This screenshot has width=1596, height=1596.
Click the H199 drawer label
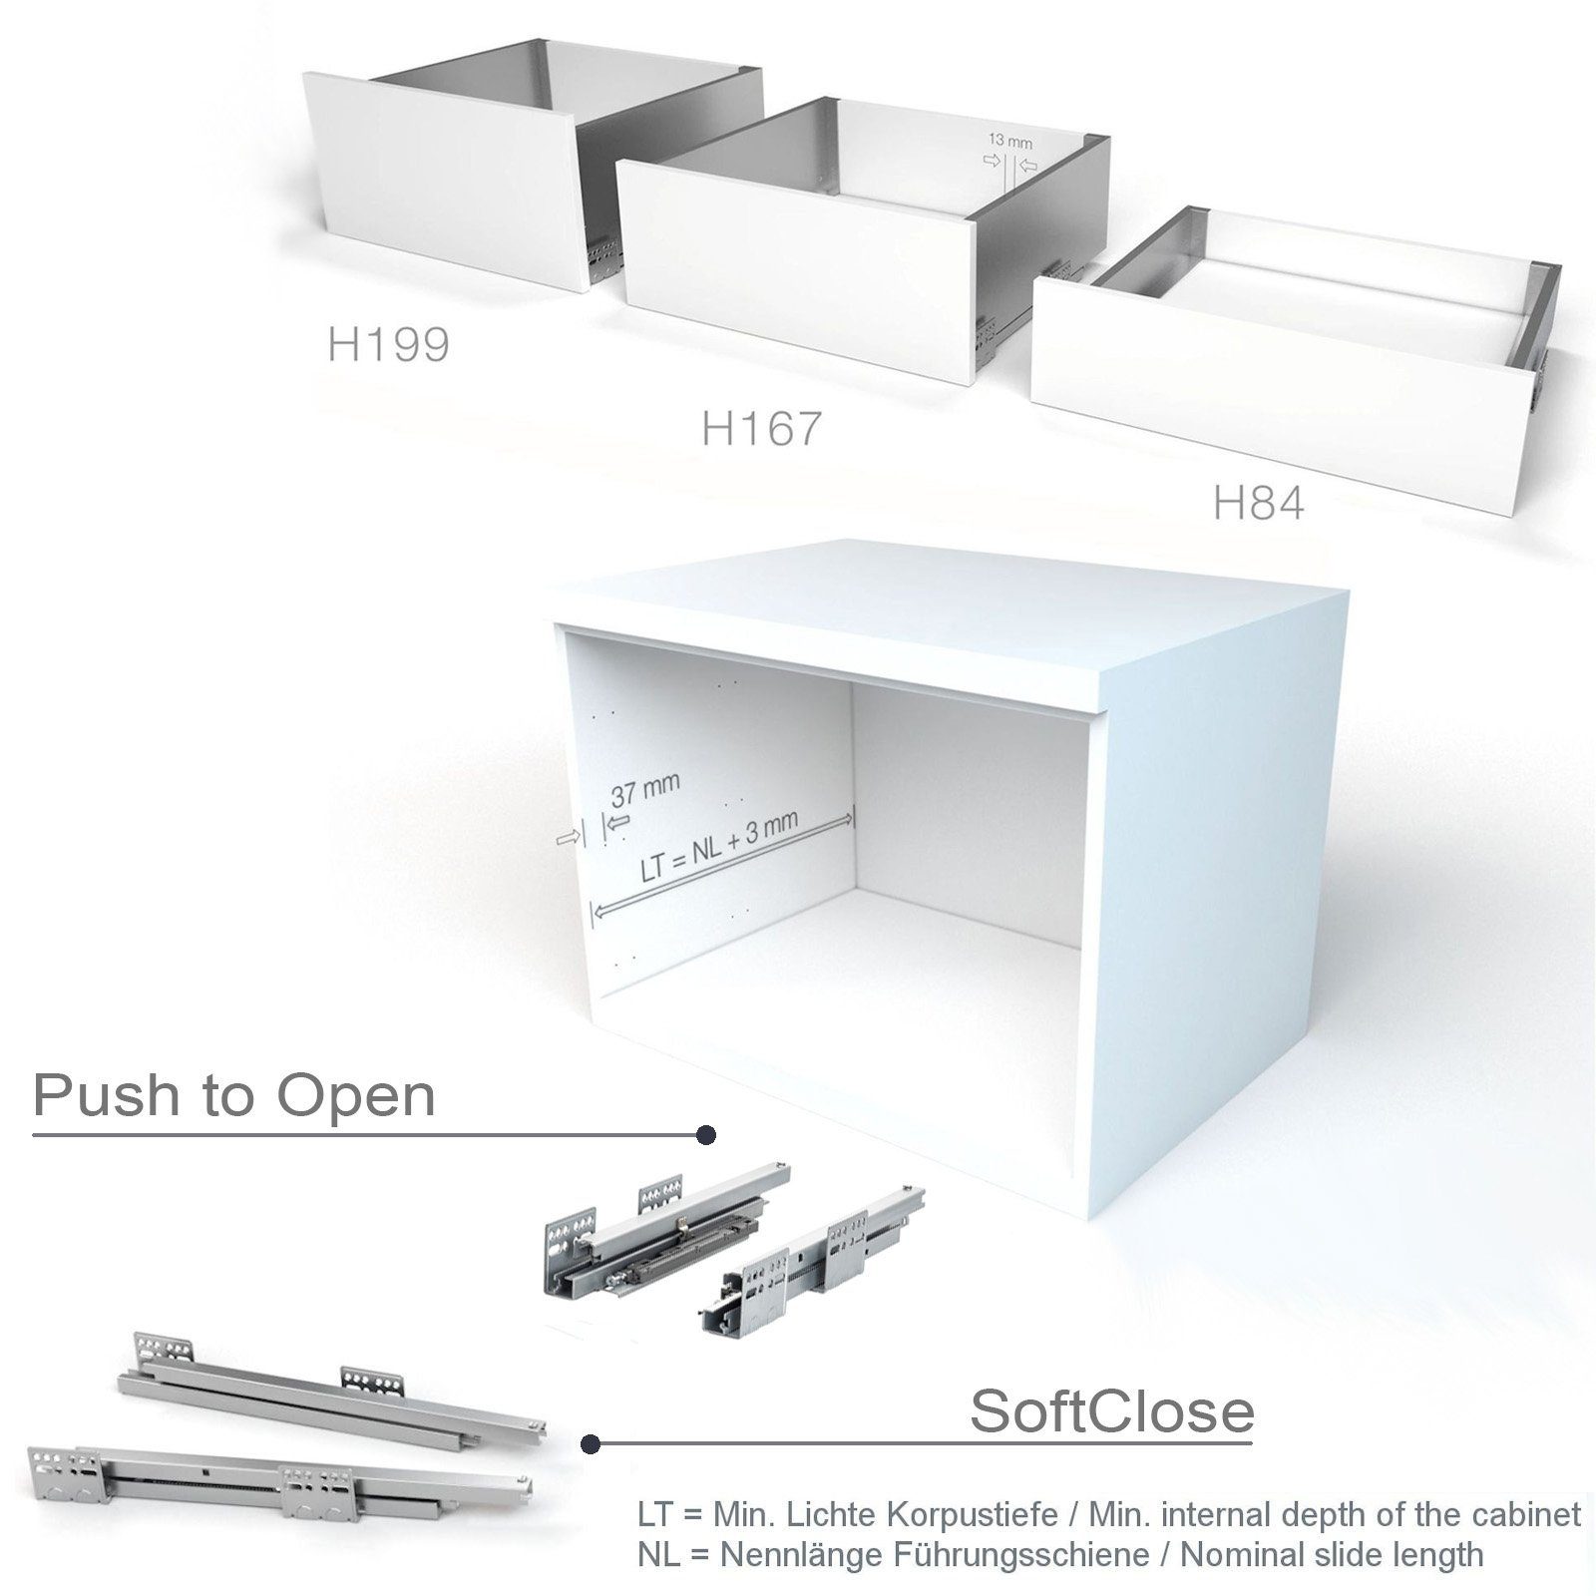(x=388, y=345)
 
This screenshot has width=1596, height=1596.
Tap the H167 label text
(x=761, y=429)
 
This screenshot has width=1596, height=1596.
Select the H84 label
(x=1258, y=505)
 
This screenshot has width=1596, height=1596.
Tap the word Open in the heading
(x=356, y=1096)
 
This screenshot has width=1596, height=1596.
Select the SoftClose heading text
(x=1111, y=1410)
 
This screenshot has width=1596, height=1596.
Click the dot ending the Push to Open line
(x=706, y=1135)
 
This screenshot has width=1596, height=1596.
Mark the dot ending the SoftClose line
(x=591, y=1443)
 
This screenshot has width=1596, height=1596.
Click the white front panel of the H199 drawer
(x=439, y=180)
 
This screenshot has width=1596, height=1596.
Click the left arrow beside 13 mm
(x=993, y=161)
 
